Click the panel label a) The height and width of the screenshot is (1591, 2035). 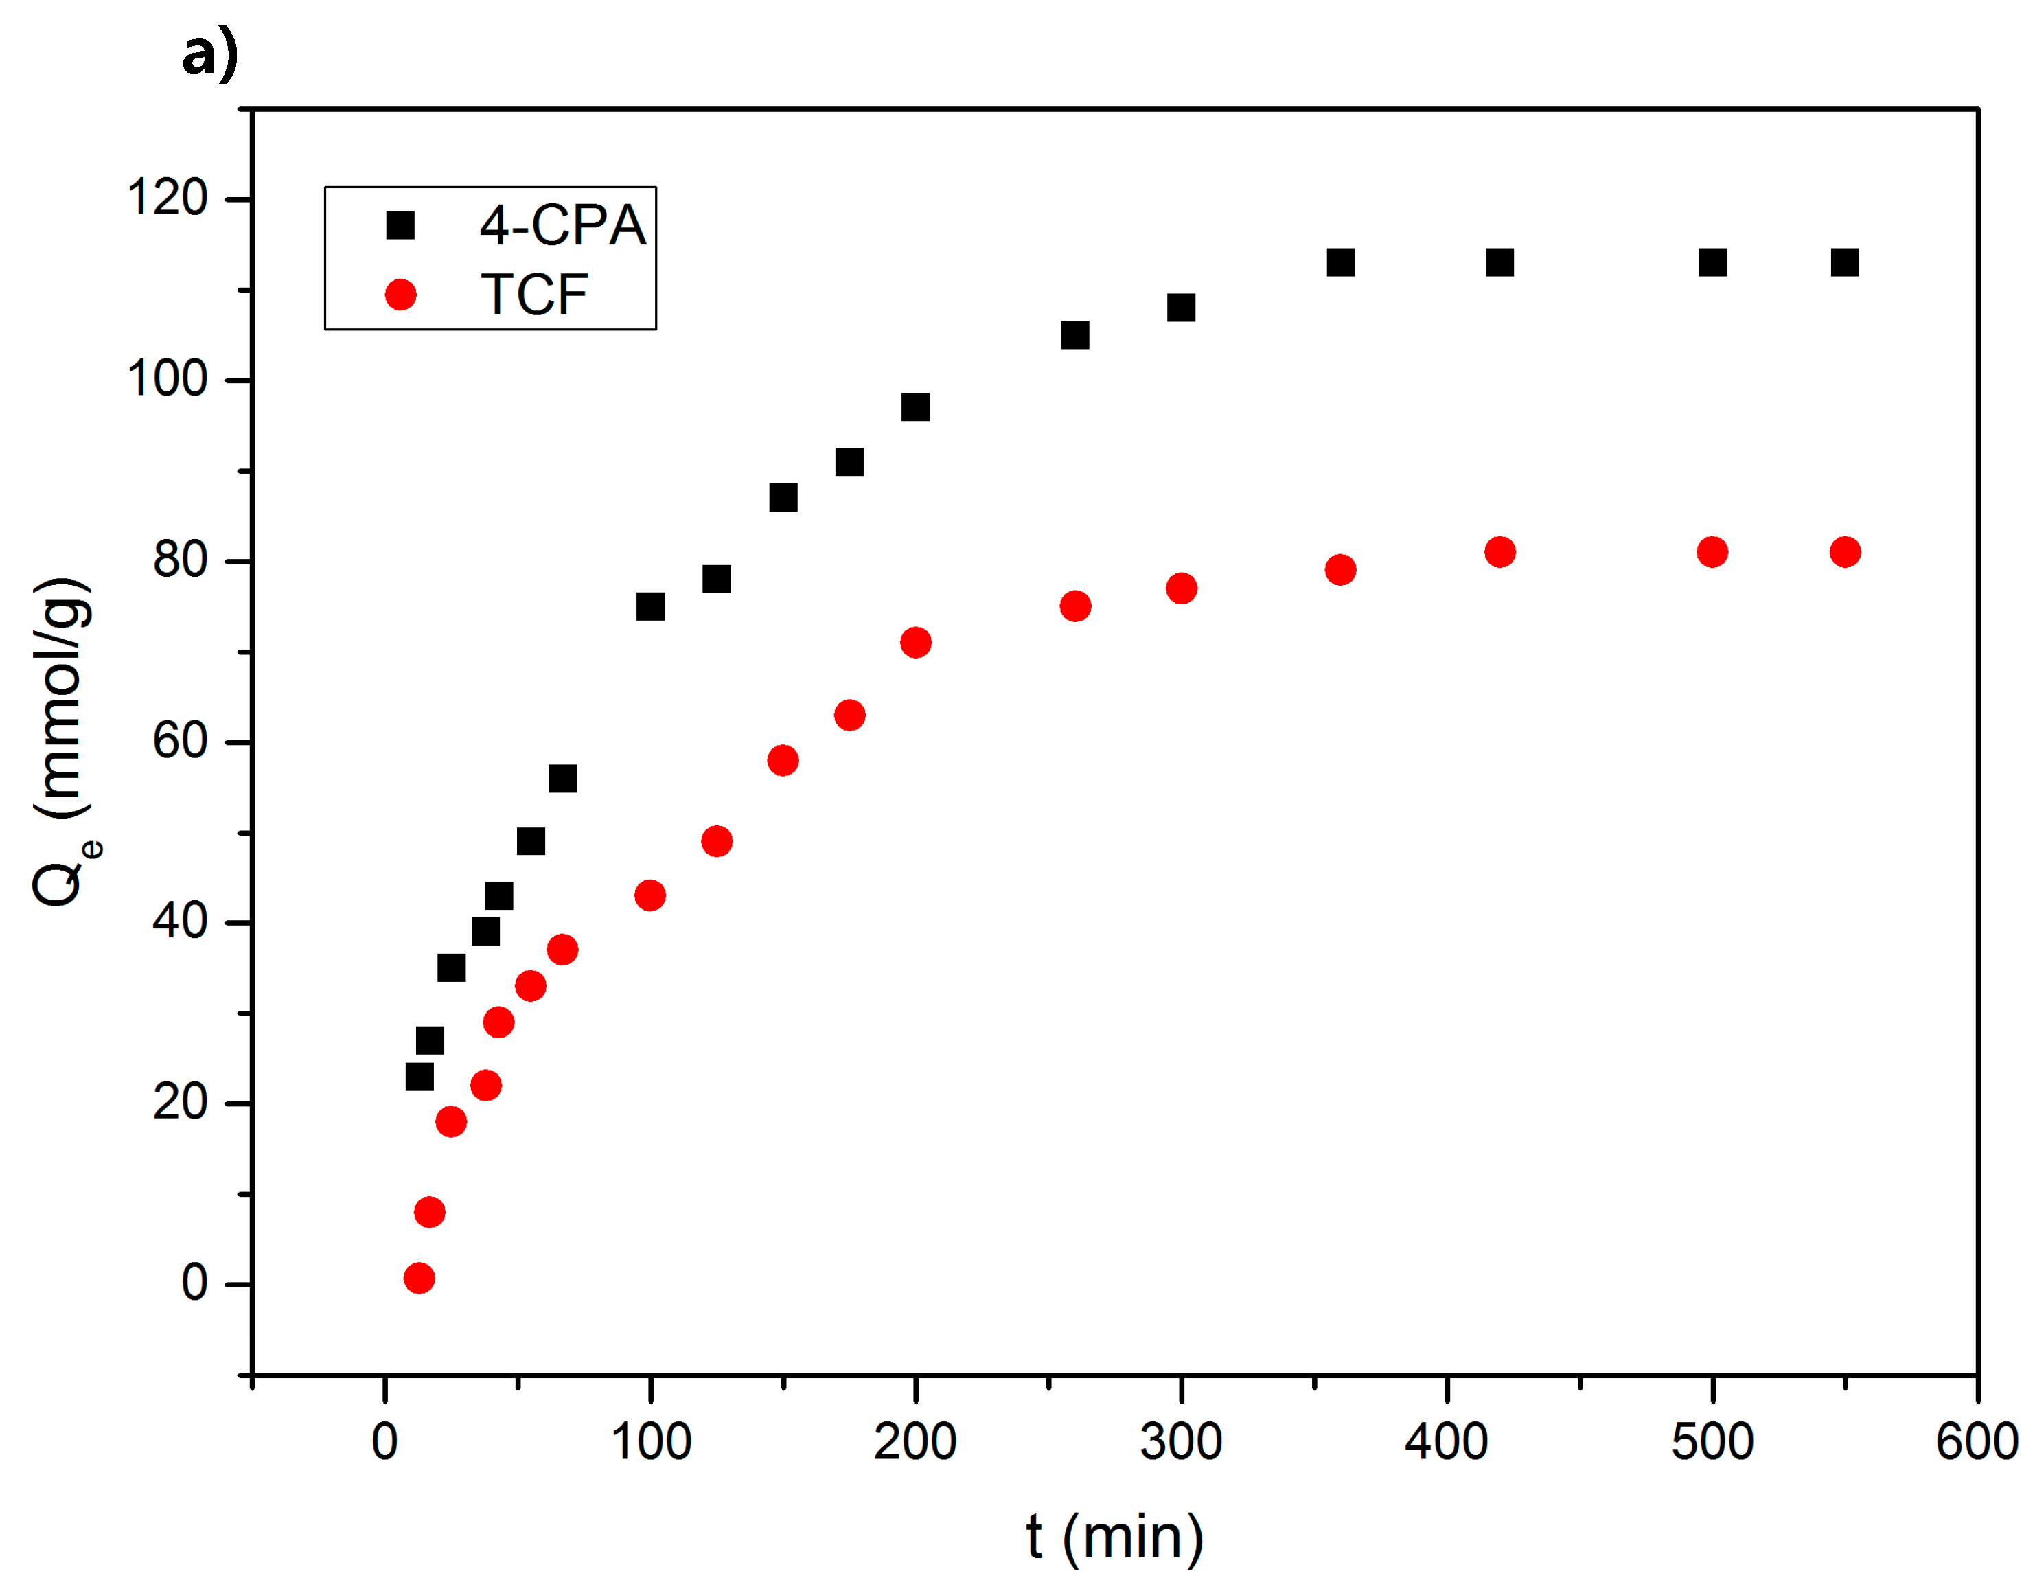coord(209,54)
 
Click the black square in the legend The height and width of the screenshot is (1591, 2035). coord(400,225)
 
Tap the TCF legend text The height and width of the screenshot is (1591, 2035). coord(534,295)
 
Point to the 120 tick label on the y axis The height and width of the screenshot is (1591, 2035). coord(167,198)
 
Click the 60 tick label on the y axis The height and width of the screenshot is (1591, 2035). coord(180,742)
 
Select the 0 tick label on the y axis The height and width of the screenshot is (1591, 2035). coord(194,1283)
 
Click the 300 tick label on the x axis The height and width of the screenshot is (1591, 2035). coord(1181,1442)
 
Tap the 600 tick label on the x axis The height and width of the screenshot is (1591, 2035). coord(1976,1442)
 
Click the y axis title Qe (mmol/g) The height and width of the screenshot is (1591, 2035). coord(63,742)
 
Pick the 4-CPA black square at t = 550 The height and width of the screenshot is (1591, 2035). coord(1845,263)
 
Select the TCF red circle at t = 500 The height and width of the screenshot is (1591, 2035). coord(1712,552)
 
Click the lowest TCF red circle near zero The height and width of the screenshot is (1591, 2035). coord(419,1278)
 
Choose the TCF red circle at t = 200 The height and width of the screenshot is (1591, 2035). coord(916,642)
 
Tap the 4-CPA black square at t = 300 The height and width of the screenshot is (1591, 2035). coord(1182,308)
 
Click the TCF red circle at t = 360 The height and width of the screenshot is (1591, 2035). coord(1340,569)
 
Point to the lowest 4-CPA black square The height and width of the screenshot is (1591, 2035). coord(419,1077)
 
